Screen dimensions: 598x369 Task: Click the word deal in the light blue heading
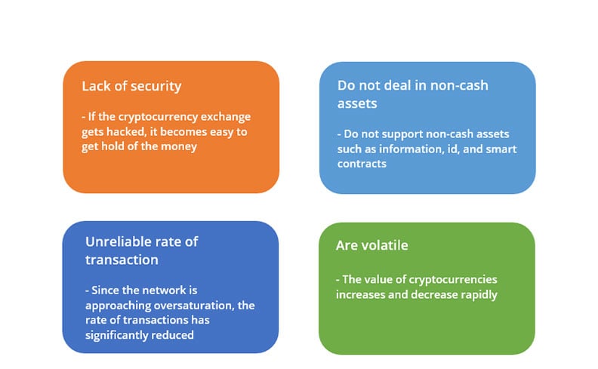tap(396, 85)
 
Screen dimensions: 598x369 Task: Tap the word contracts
tap(362, 164)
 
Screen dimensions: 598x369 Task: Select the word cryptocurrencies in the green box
tap(453, 279)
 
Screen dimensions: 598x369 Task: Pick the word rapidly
tap(479, 294)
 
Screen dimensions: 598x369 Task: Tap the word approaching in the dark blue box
tap(118, 306)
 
